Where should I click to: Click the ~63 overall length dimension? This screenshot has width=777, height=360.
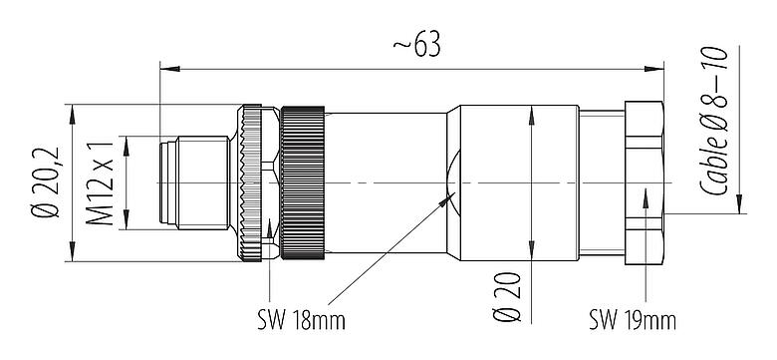pyautogui.click(x=414, y=48)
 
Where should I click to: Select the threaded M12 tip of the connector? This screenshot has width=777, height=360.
pyautogui.click(x=194, y=184)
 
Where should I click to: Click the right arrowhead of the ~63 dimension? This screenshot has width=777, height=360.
pyautogui.click(x=659, y=69)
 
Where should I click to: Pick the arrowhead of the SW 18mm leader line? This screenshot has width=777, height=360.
pyautogui.click(x=445, y=200)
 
